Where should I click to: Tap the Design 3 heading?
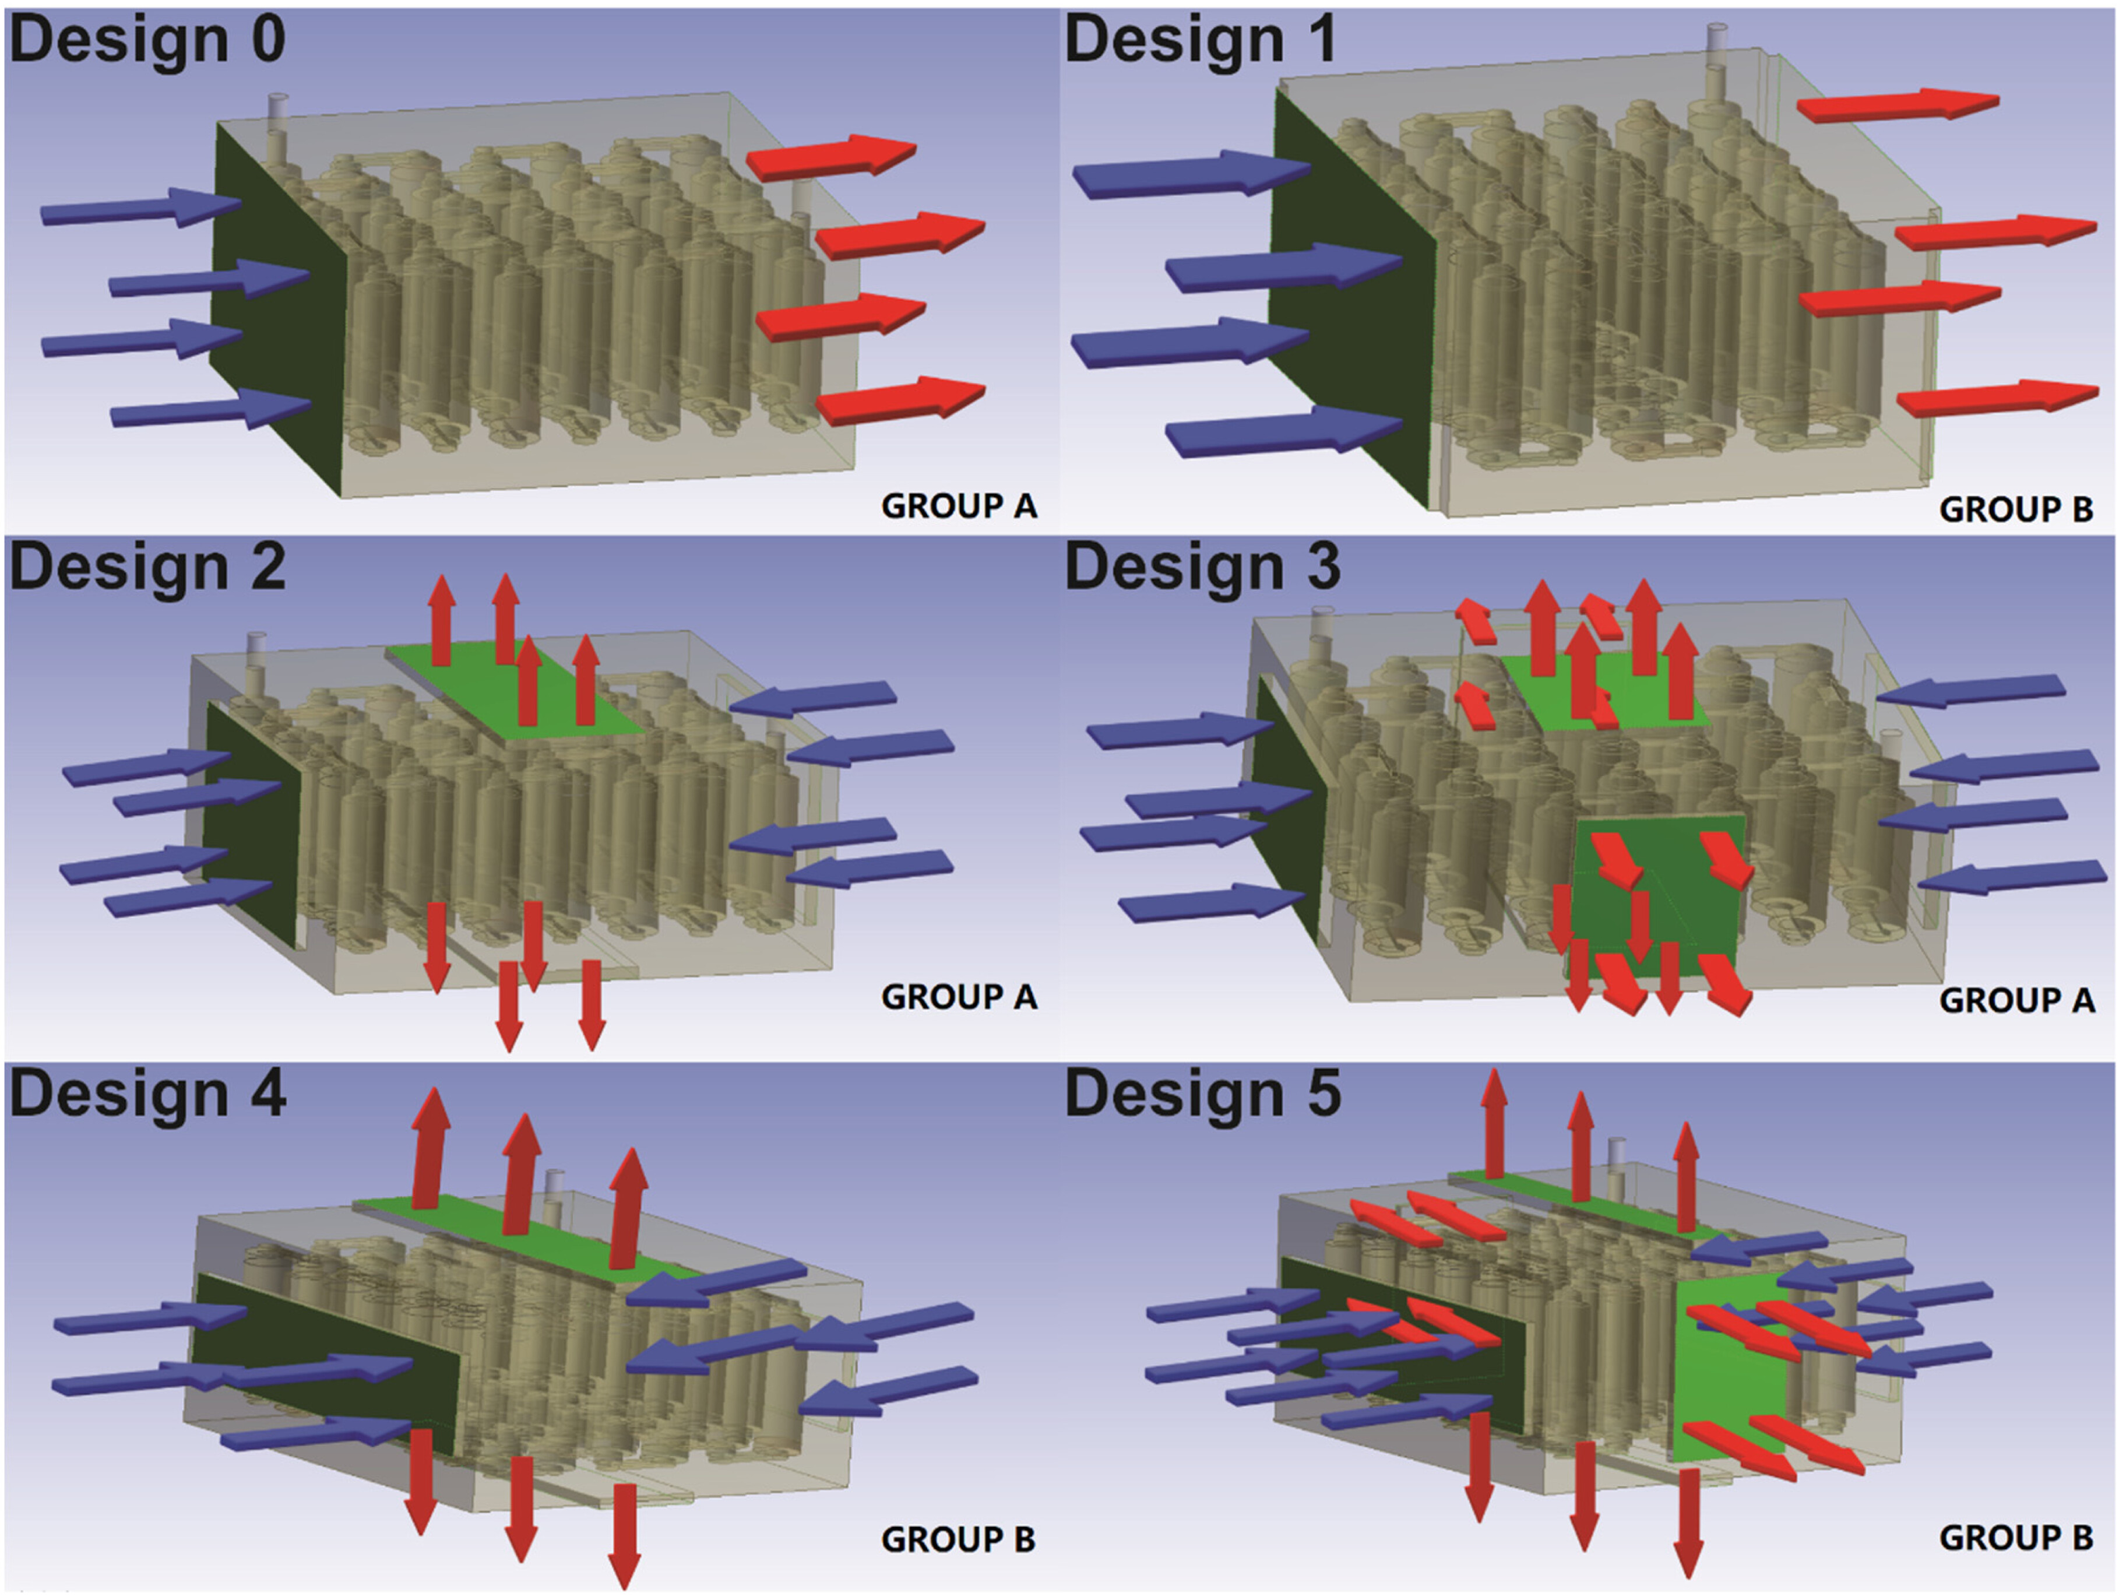[x=1202, y=567]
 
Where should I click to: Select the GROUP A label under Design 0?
[x=959, y=506]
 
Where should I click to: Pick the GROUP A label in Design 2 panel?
[x=959, y=996]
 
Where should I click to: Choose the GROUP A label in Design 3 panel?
[x=2016, y=1000]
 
